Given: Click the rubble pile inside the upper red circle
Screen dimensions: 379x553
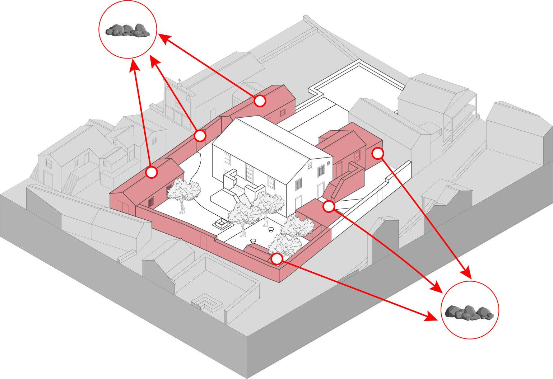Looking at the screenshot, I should [x=127, y=30].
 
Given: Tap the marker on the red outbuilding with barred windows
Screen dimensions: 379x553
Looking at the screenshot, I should [x=152, y=172].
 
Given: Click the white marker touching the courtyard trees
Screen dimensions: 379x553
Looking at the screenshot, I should [x=276, y=259].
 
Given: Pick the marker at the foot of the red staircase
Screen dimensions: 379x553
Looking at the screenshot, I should [x=329, y=206].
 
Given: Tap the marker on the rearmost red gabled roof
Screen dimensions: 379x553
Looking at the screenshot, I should [x=260, y=101].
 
